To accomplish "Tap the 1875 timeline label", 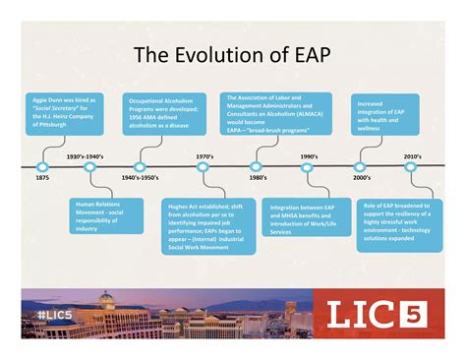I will [x=42, y=179].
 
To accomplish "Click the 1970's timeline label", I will [x=204, y=156].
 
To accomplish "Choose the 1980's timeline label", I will [x=258, y=178].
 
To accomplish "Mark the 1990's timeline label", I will [x=309, y=156].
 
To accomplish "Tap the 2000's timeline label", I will [x=361, y=178].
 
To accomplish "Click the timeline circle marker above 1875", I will [x=42, y=166].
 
